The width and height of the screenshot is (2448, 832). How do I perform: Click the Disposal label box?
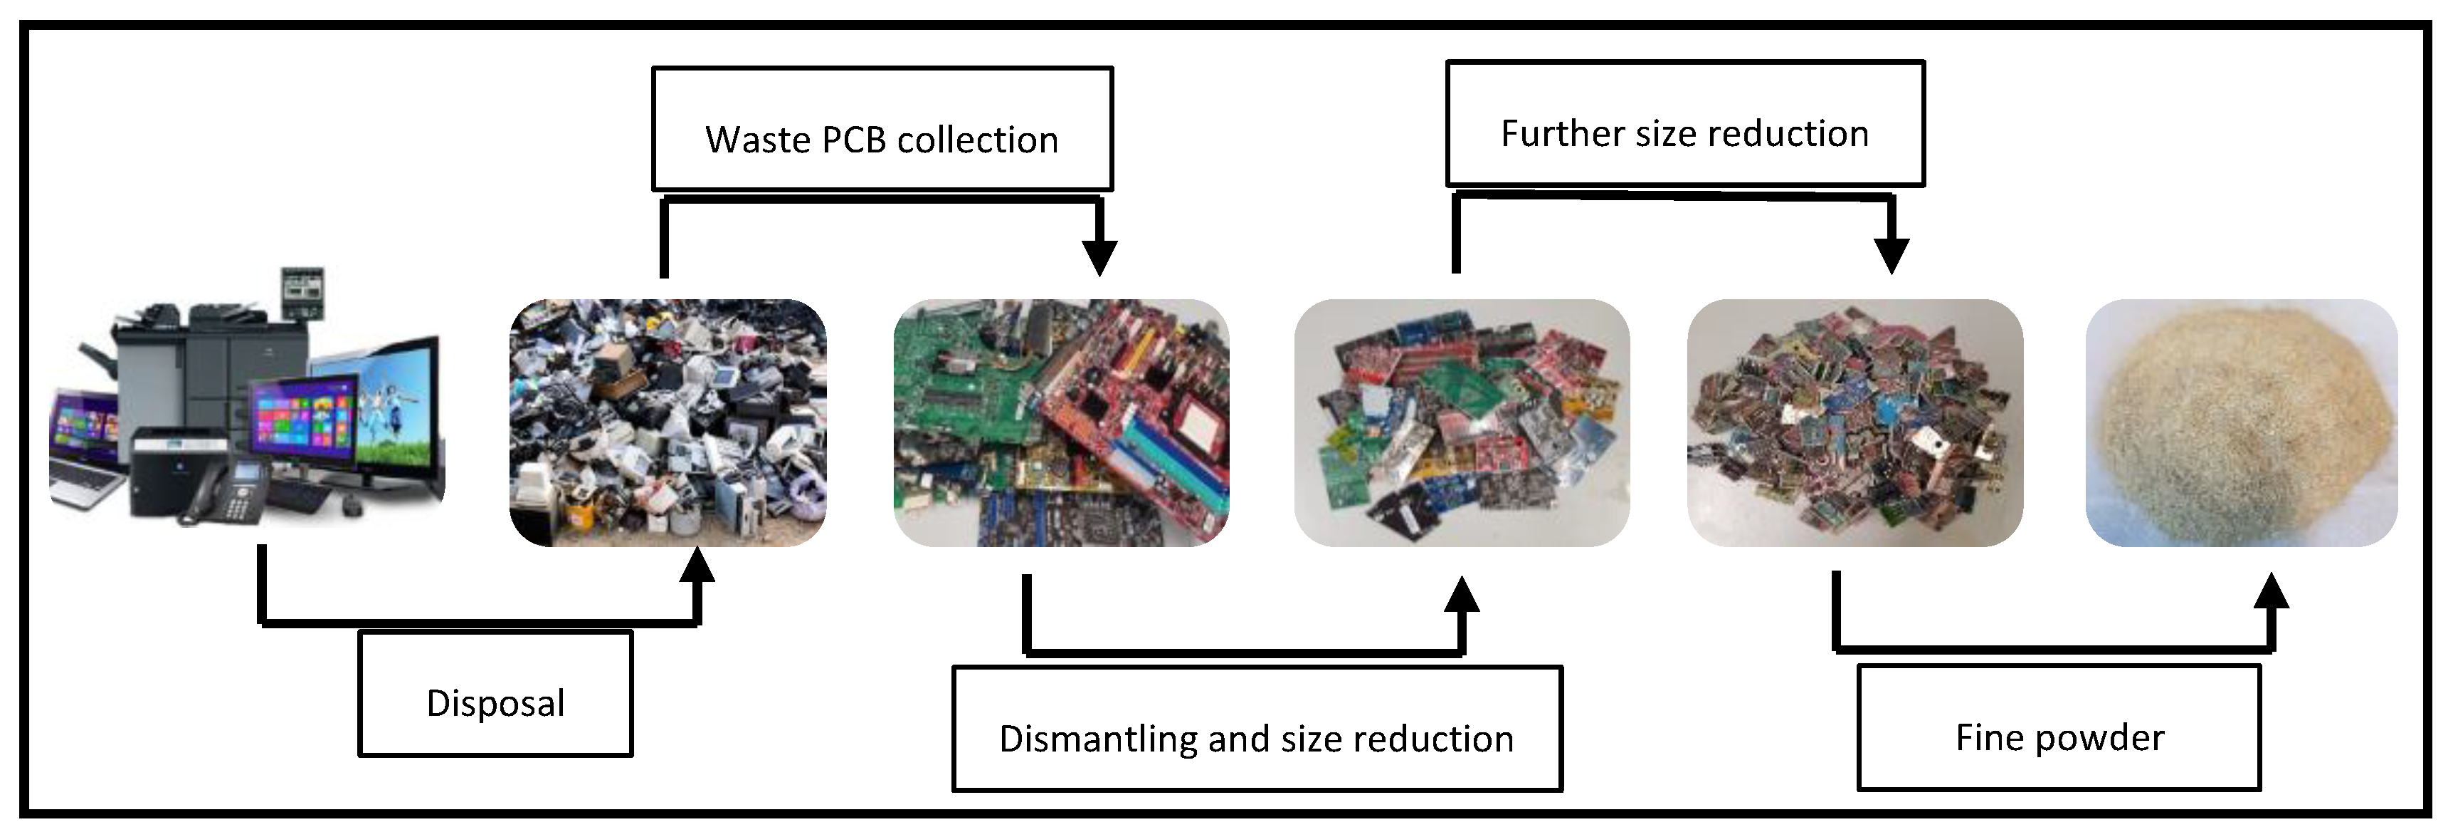495,694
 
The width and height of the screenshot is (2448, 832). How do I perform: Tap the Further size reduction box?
1685,124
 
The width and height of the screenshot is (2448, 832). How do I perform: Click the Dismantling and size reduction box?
1256,729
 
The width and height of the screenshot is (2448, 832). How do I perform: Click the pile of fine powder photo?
2241,423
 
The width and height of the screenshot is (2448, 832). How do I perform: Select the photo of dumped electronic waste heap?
667,423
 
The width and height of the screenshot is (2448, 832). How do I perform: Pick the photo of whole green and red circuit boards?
1060,423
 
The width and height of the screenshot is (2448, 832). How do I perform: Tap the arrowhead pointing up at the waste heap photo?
697,565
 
